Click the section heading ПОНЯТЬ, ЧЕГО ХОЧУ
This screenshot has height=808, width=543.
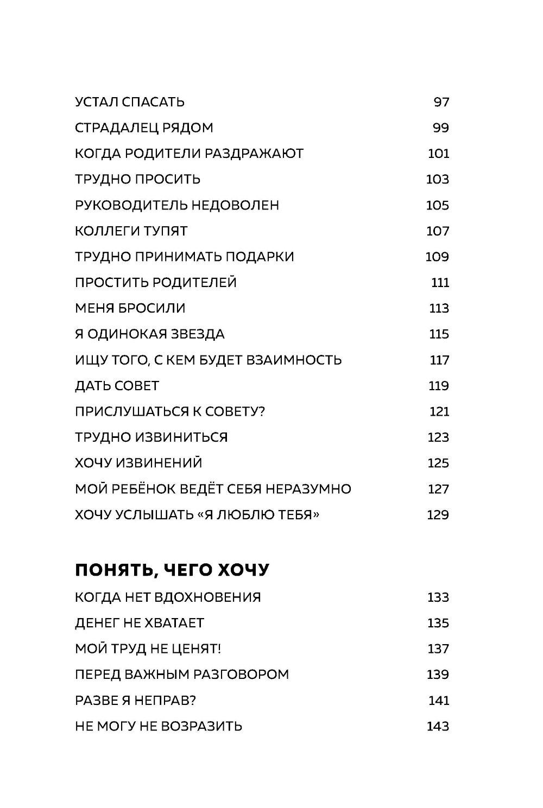(172, 570)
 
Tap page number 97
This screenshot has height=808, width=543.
(441, 102)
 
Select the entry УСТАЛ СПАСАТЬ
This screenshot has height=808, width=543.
(130, 102)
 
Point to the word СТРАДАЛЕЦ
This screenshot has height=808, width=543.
(116, 128)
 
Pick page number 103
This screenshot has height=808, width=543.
(438, 180)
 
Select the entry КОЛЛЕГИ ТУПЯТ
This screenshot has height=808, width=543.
(131, 231)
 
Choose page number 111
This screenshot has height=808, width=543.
(440, 283)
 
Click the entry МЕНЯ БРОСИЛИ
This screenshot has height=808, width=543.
(130, 308)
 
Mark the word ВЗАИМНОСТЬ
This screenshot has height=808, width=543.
(294, 360)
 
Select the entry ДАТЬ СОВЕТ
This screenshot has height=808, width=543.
(117, 386)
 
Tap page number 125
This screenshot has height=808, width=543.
(438, 463)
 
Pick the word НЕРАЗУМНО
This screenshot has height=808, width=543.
(309, 489)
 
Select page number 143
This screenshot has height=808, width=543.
(438, 726)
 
